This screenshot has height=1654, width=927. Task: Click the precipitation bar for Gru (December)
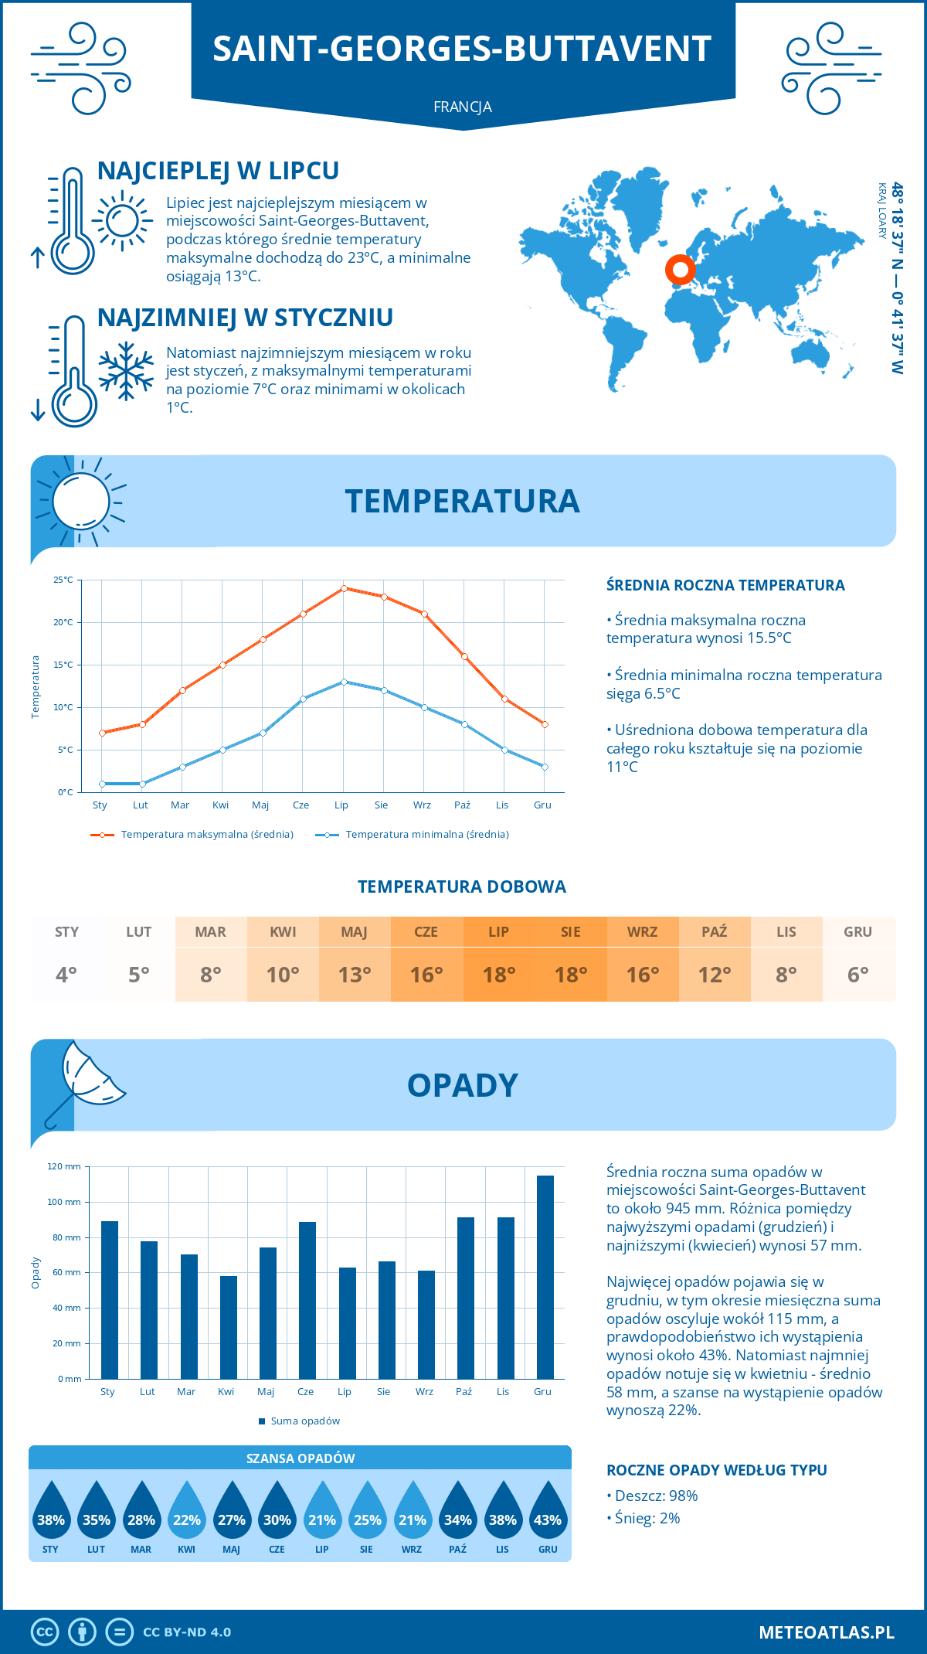[x=545, y=1277]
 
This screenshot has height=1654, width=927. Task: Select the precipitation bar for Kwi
[x=229, y=1327]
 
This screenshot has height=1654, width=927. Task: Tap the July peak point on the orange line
[x=344, y=588]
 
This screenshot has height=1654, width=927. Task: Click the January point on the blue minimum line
[x=102, y=784]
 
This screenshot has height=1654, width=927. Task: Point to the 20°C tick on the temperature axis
[x=64, y=622]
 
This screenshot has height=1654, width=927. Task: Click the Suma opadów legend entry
[x=304, y=1421]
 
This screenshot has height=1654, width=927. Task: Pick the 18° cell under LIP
[x=498, y=975]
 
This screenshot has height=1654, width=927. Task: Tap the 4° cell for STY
[x=66, y=975]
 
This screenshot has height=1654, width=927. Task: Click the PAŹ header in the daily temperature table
[x=714, y=932]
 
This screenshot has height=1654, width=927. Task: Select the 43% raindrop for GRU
[x=548, y=1513]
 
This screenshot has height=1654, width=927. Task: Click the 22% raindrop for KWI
[x=187, y=1513]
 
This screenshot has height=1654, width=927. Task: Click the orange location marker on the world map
[x=681, y=271]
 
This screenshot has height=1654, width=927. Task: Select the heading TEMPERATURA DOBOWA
[x=462, y=887]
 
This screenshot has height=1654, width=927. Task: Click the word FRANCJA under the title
[x=463, y=107]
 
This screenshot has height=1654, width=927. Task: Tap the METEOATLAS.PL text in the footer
[x=827, y=1632]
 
